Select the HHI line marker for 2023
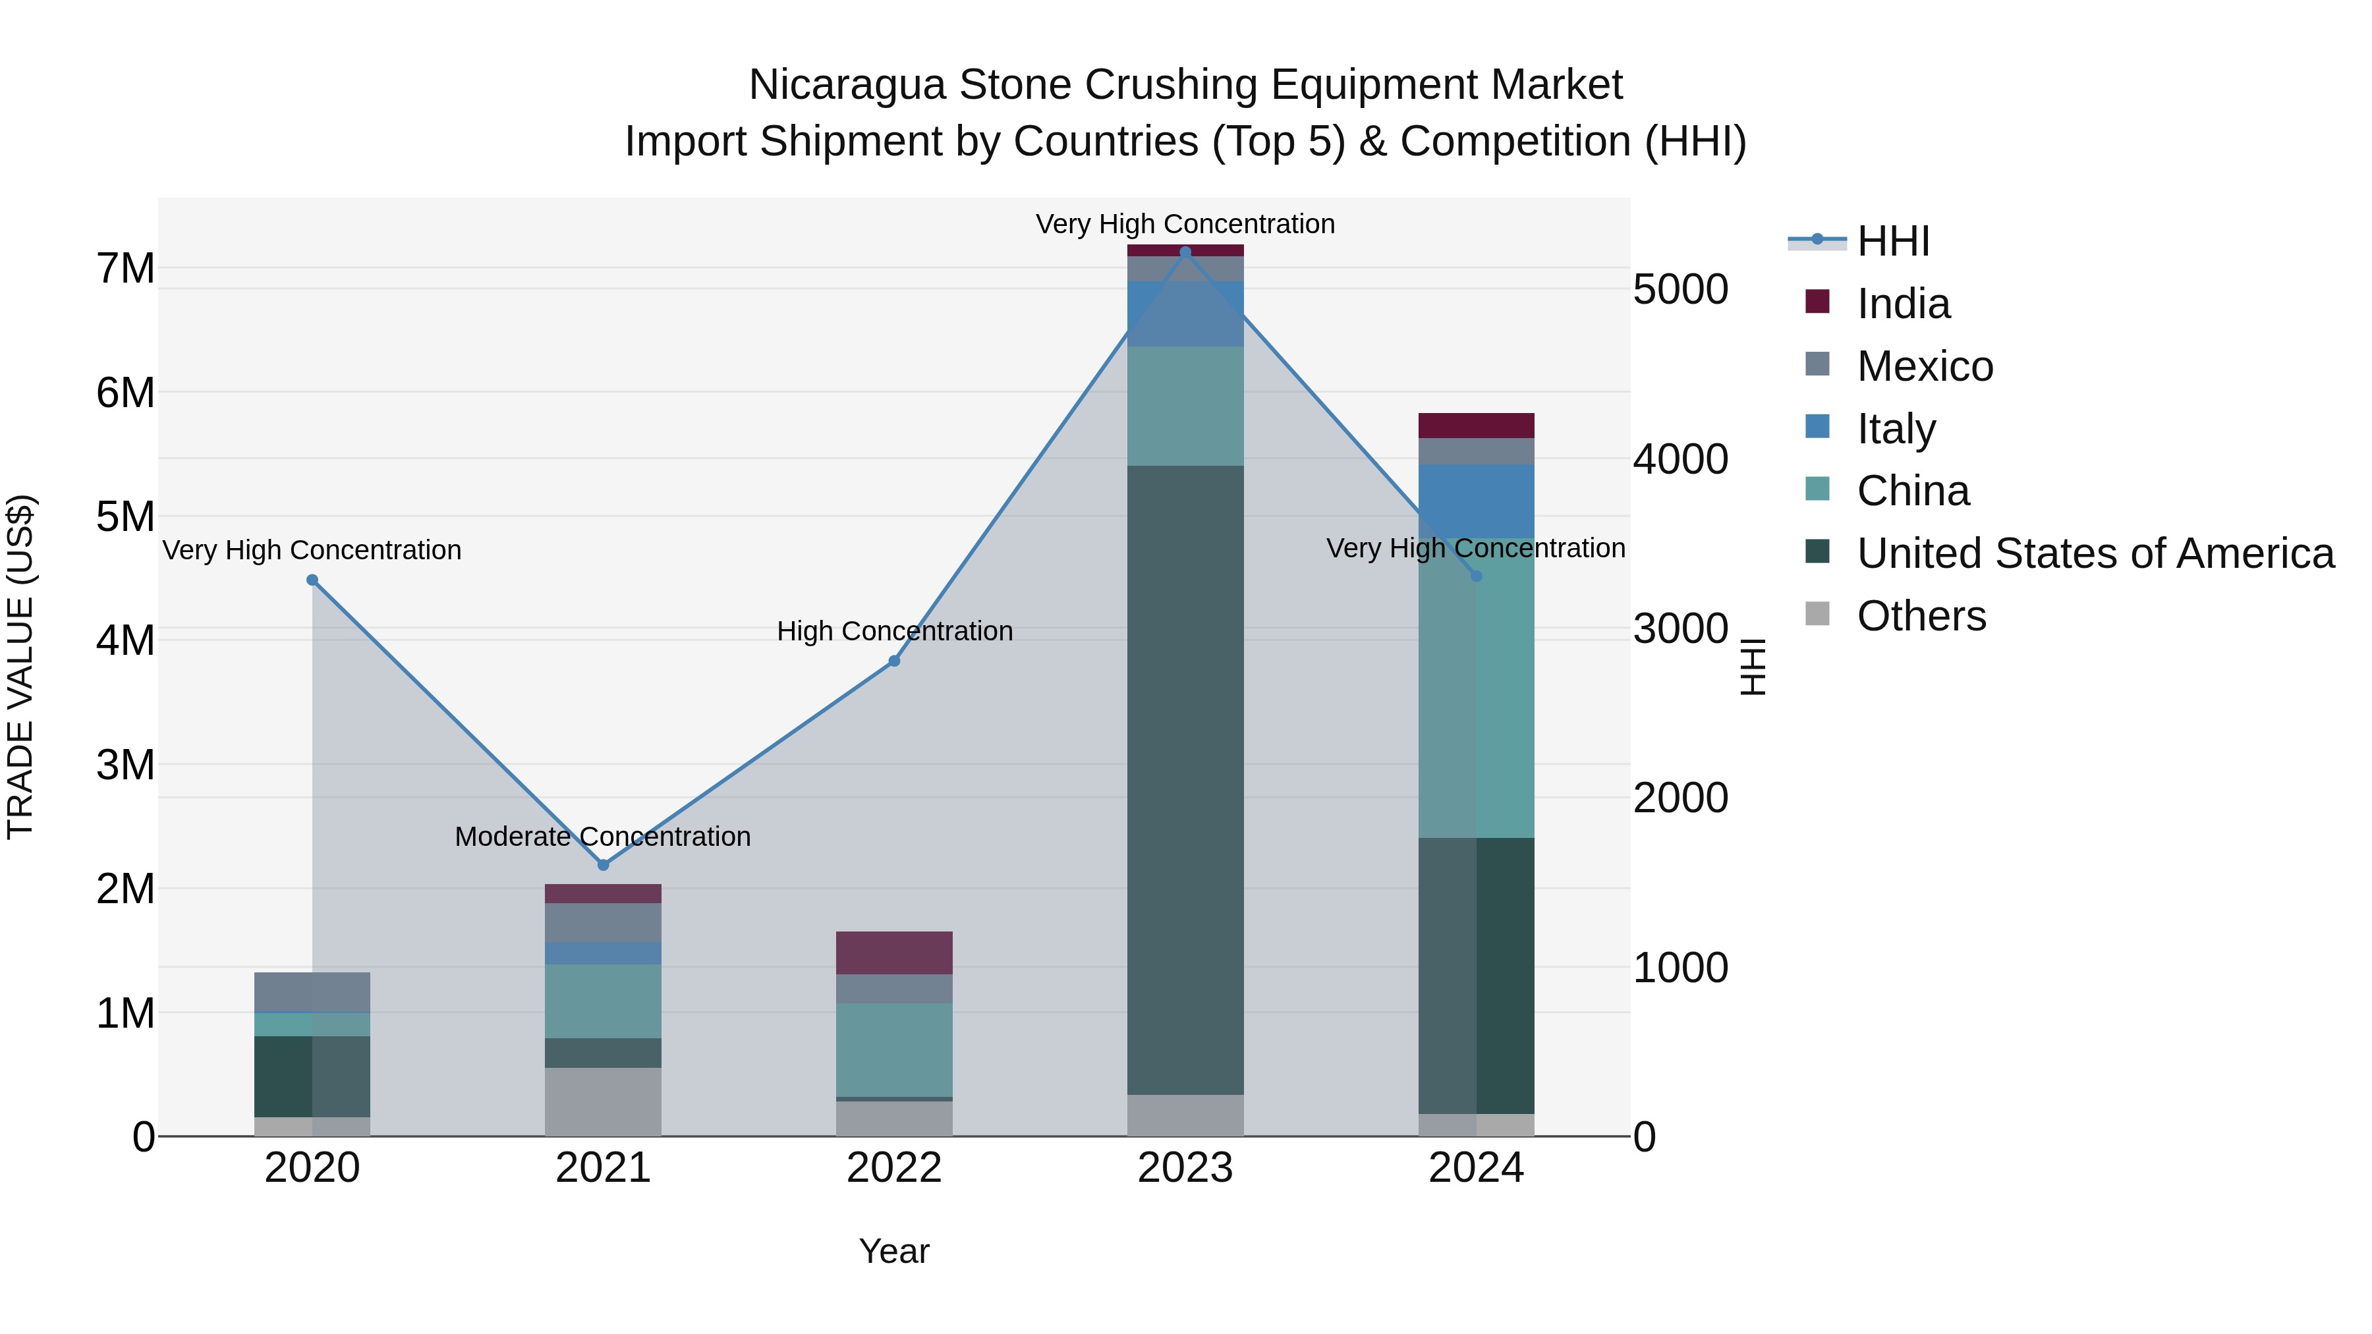point(1185,252)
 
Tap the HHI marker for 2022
point(894,661)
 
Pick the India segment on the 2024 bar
point(1476,426)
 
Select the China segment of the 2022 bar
point(894,1049)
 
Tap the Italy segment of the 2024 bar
point(1476,501)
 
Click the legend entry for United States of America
point(2095,553)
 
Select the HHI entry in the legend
point(1892,241)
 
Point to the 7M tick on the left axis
point(125,269)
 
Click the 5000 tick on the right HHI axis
point(1680,289)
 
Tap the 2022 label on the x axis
point(894,1168)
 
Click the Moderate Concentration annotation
point(603,836)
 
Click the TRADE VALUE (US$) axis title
point(20,667)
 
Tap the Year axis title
point(894,1251)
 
